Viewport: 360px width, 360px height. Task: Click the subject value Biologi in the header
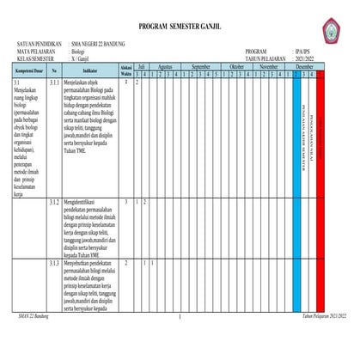[83, 51]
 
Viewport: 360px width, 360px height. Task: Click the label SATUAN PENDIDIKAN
[40, 43]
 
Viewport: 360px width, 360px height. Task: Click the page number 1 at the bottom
[180, 318]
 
